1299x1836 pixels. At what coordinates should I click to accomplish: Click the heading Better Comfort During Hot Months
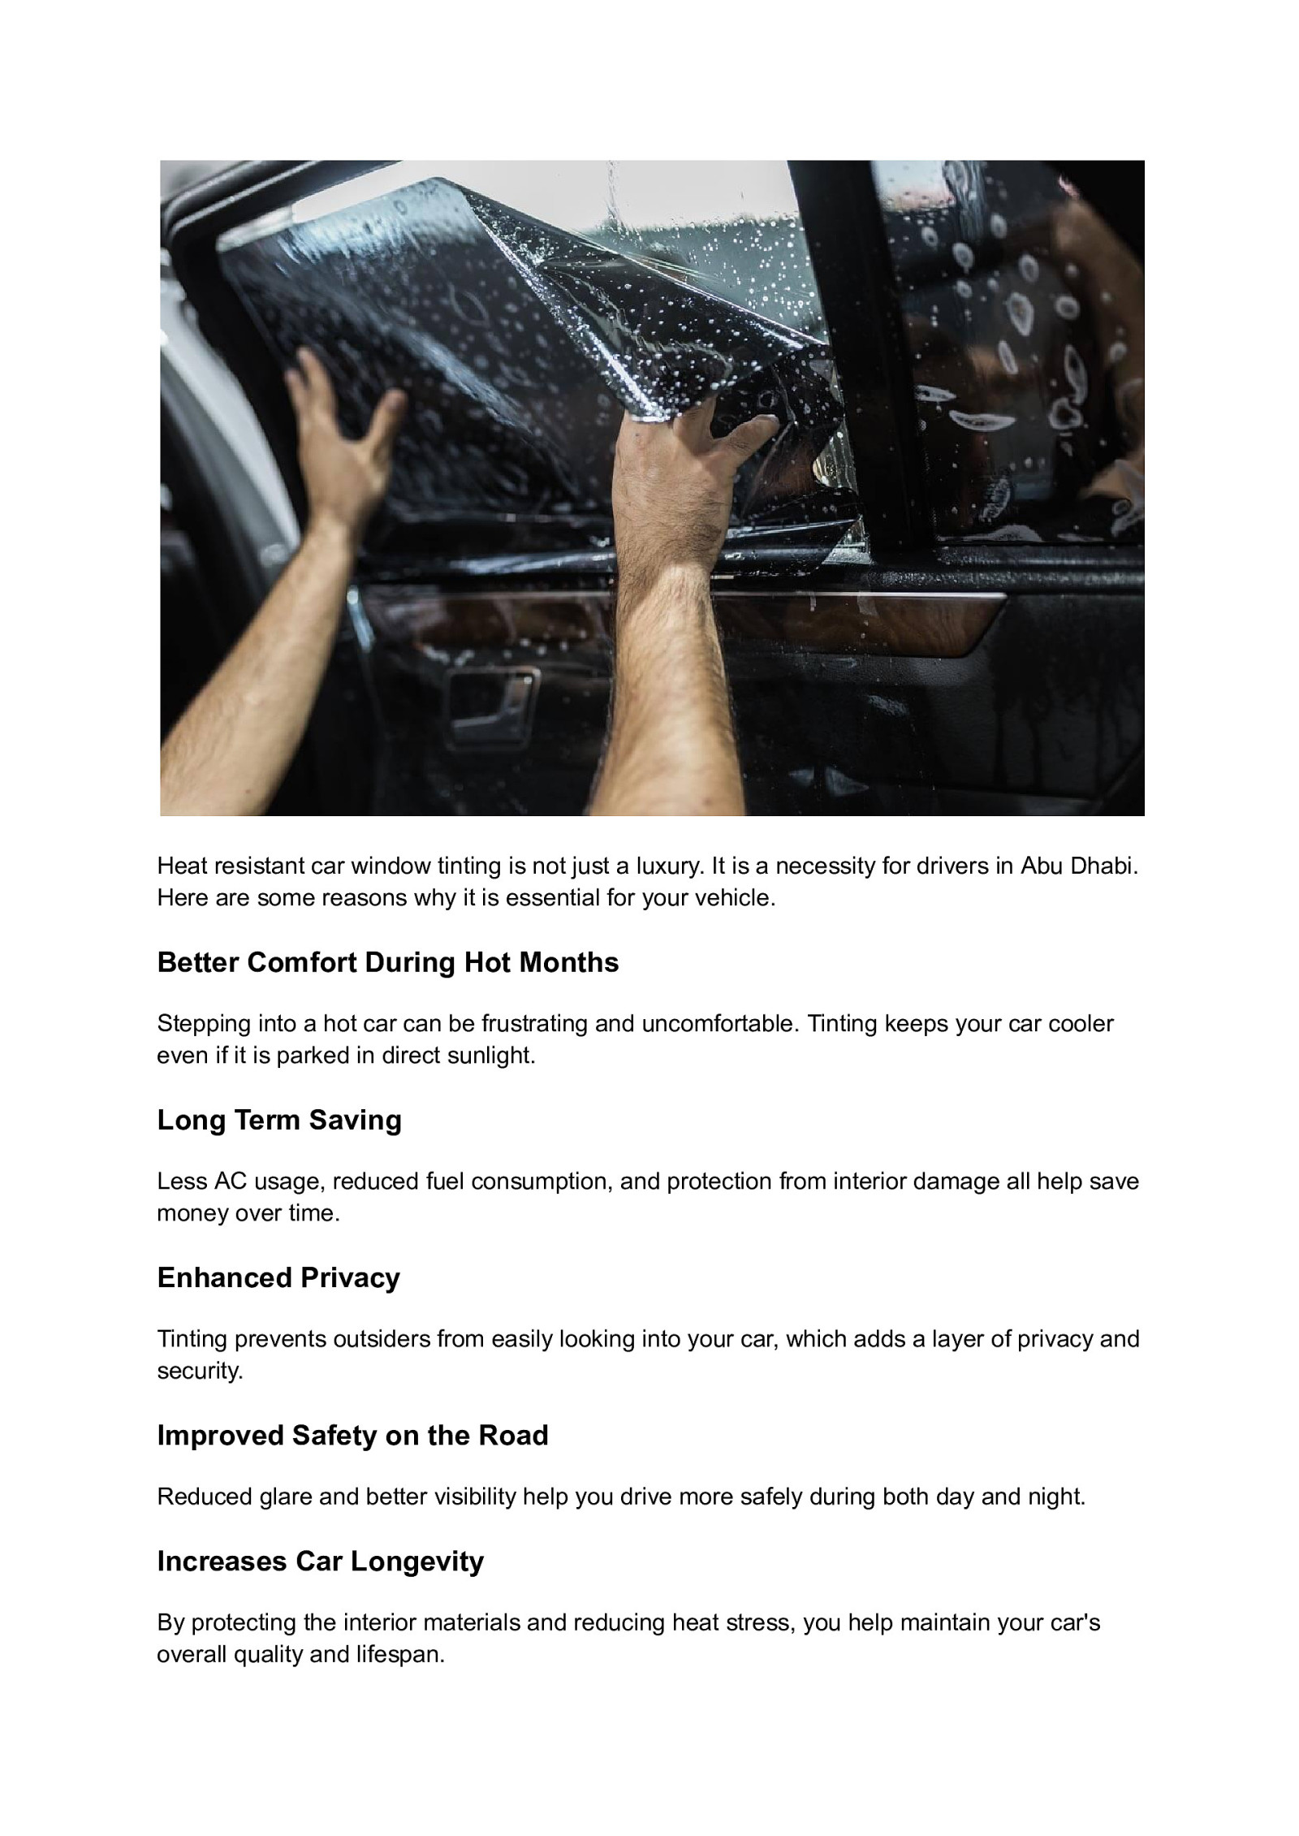387,962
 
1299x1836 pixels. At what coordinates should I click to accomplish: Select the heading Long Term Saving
279,1120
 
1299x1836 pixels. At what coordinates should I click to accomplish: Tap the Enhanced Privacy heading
278,1277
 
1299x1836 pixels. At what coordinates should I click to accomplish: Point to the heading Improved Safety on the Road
352,1435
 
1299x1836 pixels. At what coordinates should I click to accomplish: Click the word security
200,1372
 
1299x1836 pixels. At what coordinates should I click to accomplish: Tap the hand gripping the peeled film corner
690,455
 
